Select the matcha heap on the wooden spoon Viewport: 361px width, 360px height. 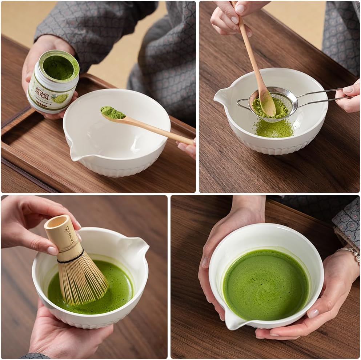point(112,113)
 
